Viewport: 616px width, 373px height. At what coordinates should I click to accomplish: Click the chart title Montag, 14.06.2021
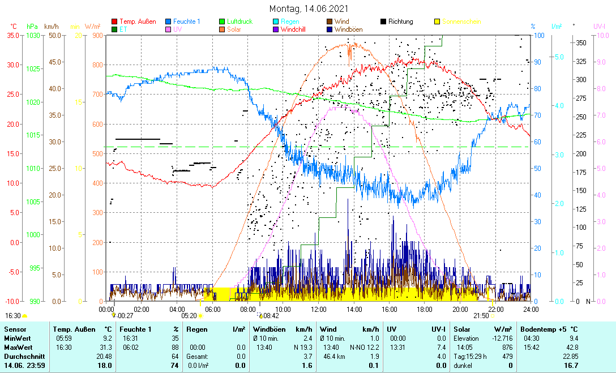point(309,9)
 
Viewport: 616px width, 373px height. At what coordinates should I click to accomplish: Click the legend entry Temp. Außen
point(138,22)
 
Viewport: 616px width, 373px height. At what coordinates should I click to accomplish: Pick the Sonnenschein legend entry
point(461,22)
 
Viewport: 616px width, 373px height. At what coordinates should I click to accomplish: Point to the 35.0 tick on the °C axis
point(13,35)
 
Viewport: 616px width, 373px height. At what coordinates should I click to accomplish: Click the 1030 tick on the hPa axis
point(34,35)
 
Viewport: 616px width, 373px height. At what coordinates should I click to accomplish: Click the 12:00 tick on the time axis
point(318,309)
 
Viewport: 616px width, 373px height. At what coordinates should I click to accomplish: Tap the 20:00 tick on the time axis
point(460,309)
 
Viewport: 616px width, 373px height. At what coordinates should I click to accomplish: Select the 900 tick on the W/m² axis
point(97,35)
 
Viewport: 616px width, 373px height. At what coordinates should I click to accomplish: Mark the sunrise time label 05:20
point(189,316)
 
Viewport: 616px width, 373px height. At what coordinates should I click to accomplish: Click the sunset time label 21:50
point(481,316)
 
